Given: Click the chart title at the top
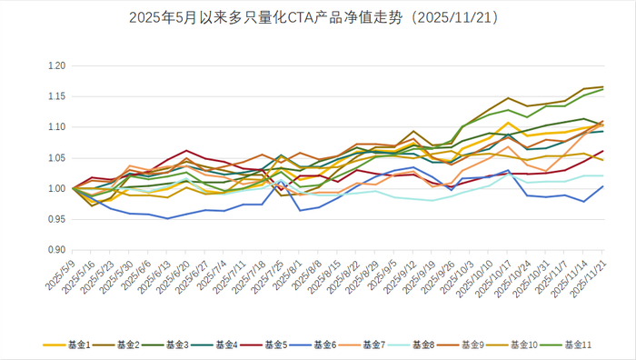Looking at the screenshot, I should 318,16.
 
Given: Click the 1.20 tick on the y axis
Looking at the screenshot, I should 57,66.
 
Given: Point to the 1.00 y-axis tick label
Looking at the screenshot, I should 57,189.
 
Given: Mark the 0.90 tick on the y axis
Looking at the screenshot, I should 57,250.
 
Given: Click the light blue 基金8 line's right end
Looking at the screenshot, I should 603,175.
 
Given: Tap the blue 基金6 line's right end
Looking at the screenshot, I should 603,186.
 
